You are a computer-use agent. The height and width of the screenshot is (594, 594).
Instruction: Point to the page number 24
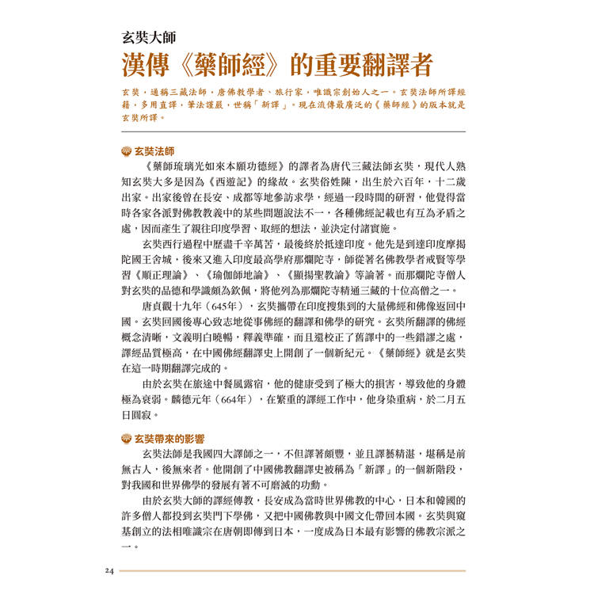coord(109,570)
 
